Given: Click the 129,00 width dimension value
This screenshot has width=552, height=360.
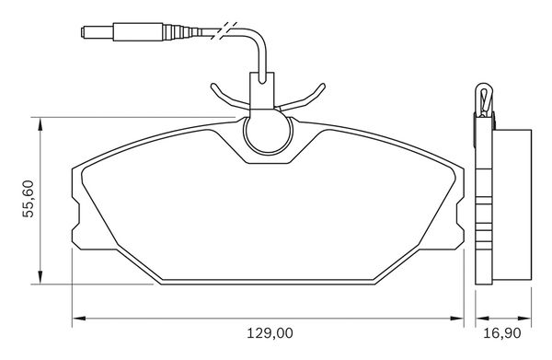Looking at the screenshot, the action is click(270, 333).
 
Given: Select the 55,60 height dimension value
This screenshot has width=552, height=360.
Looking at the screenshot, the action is click(29, 199).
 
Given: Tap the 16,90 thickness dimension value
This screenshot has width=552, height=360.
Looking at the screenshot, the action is click(501, 333).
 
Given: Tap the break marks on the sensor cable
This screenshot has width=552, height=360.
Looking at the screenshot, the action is click(224, 30).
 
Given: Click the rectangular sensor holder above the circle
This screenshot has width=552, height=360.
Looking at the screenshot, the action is click(261, 90).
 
